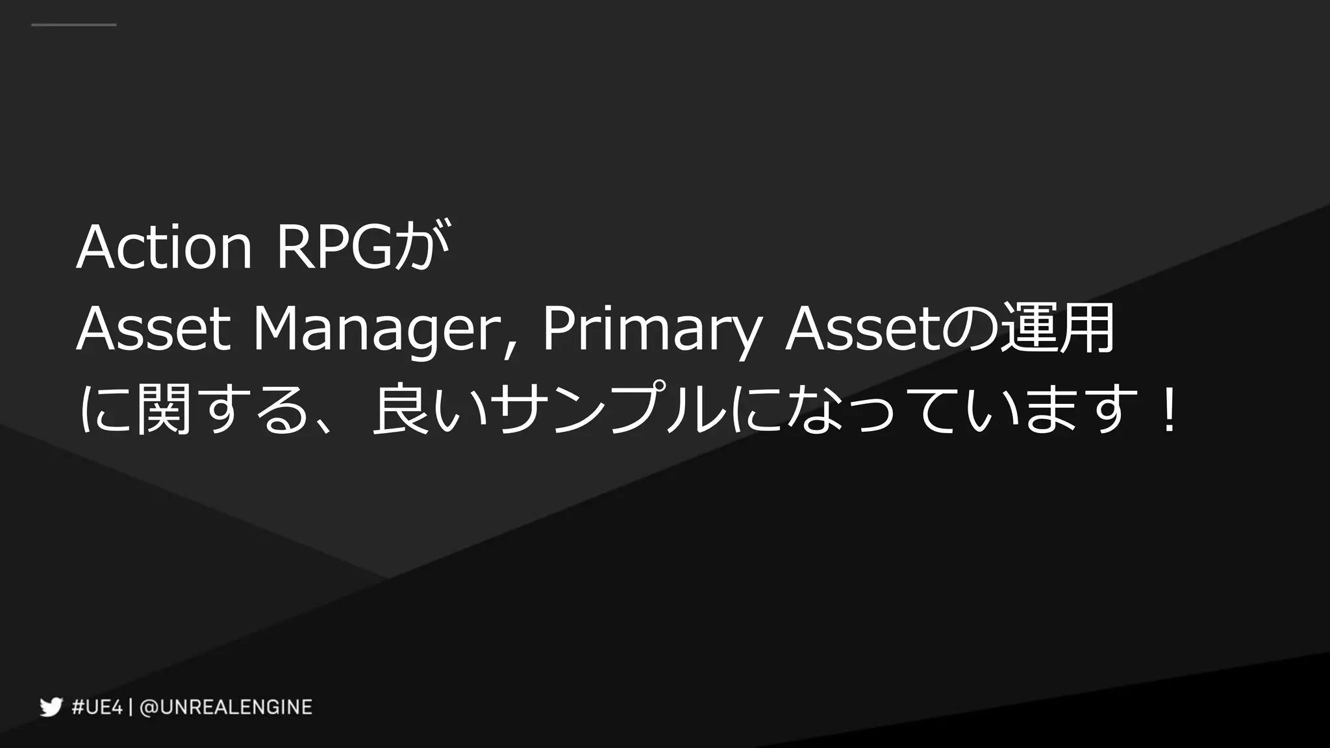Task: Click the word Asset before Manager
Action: (x=153, y=329)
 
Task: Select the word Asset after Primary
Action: (x=862, y=329)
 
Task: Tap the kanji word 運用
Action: (x=1056, y=329)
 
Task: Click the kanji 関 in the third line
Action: (x=164, y=410)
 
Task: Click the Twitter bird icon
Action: (x=51, y=706)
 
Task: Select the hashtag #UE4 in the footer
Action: (x=97, y=706)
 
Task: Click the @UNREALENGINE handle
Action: (x=226, y=706)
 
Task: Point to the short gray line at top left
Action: (x=73, y=25)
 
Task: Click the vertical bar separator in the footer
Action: (x=131, y=706)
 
